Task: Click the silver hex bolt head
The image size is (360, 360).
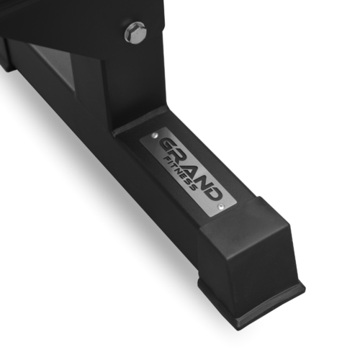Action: (135, 32)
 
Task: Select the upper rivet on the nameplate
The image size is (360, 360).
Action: (155, 136)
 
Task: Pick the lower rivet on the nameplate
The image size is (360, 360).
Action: (221, 206)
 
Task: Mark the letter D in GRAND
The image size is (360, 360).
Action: (214, 193)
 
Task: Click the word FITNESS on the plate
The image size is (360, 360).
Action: (180, 172)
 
